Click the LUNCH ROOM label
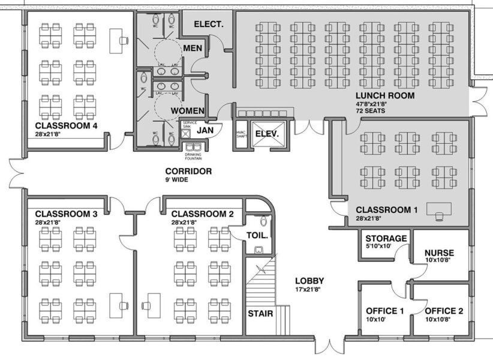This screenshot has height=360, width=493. [384, 96]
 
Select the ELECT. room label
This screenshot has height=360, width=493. [208, 25]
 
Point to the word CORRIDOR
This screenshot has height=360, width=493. [188, 171]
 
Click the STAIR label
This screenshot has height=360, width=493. [260, 313]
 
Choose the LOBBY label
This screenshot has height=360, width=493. [309, 281]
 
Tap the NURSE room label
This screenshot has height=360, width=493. [439, 253]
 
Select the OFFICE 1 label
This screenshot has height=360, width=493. [385, 311]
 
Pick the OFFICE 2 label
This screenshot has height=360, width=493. [444, 311]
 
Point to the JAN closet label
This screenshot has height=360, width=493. [206, 130]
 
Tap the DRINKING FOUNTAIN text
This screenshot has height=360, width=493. [193, 157]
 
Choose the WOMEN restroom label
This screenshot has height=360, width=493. [188, 111]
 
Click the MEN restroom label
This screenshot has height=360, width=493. [193, 48]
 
